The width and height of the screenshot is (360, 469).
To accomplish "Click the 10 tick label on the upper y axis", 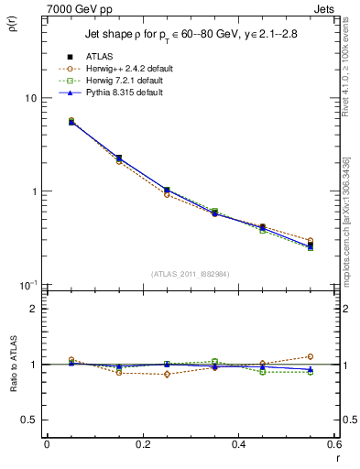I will point(31,98).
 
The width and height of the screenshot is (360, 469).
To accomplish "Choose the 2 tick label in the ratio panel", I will point(34,309).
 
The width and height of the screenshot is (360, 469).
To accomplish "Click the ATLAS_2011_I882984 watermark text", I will point(190,275).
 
